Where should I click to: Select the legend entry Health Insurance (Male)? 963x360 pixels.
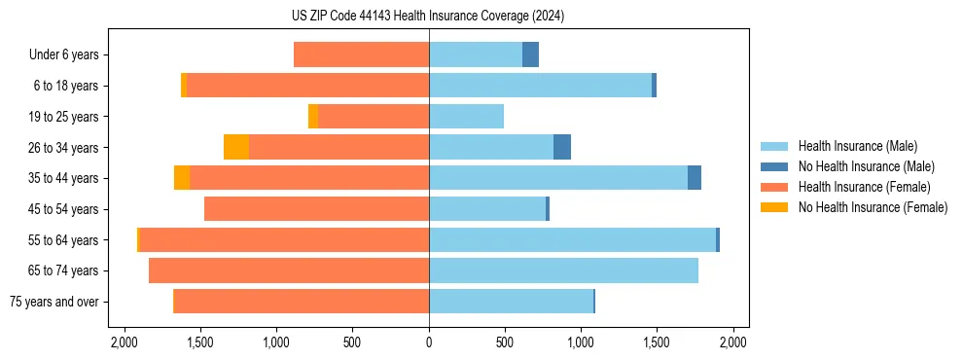click(x=857, y=146)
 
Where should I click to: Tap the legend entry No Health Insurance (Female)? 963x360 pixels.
click(x=873, y=207)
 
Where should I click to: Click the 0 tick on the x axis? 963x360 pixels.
click(x=429, y=342)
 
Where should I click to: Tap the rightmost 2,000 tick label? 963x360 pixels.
click(x=732, y=342)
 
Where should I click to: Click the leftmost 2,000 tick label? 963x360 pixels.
click(x=125, y=342)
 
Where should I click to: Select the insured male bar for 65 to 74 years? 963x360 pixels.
click(x=563, y=270)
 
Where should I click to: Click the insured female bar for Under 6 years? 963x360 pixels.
click(x=361, y=55)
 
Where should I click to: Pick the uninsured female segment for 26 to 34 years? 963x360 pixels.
click(x=236, y=147)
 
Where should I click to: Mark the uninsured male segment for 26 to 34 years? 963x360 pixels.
click(x=562, y=147)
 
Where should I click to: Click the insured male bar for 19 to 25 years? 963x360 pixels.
click(x=466, y=117)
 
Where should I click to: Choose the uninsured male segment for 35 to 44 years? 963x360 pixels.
click(x=695, y=178)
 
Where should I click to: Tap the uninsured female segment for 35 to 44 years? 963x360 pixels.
click(x=182, y=178)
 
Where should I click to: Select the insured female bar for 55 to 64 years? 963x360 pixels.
click(x=284, y=239)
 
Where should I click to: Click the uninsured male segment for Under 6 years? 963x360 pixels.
click(x=530, y=55)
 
